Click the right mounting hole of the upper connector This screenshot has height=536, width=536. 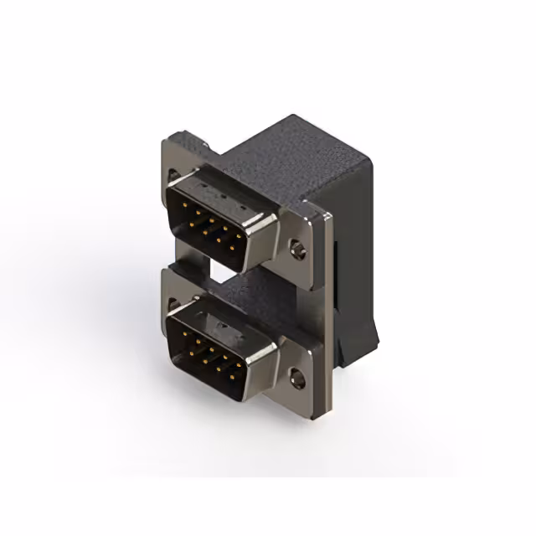[296, 248]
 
